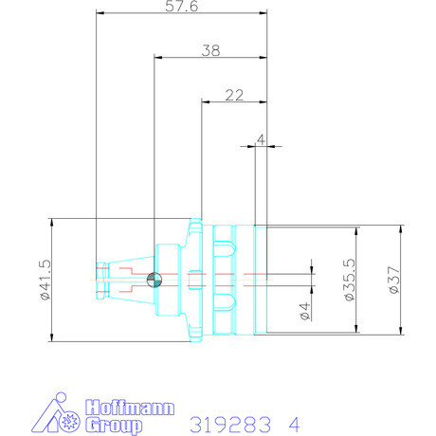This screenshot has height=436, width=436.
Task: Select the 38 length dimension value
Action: coord(210,51)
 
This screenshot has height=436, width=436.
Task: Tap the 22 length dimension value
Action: coord(235,94)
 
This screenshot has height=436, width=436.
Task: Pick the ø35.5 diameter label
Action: coord(348,280)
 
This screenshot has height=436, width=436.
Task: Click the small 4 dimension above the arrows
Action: coord(260,139)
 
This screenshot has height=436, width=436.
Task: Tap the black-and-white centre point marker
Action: coord(154,279)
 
